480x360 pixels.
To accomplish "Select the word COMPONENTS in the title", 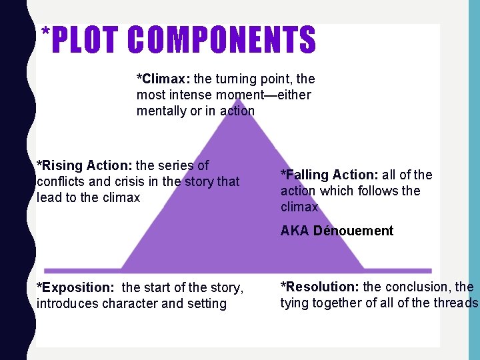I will [x=222, y=40].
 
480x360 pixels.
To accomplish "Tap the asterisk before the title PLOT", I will [x=45, y=33].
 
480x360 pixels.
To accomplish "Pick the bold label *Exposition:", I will [x=75, y=288].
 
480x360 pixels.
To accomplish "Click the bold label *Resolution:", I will [x=320, y=287].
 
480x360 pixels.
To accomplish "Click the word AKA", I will [x=294, y=231].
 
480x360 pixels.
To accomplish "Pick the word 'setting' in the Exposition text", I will [x=207, y=304].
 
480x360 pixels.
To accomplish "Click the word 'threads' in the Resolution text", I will [x=457, y=303].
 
